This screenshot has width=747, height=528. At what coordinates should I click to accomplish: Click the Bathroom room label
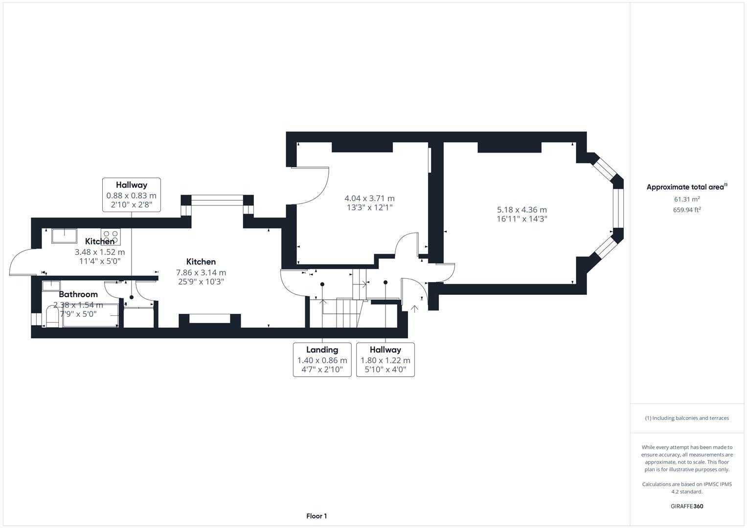point(78,294)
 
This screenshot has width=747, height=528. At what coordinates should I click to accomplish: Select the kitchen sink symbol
point(64,235)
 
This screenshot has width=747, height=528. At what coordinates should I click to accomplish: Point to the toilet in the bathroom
point(52,316)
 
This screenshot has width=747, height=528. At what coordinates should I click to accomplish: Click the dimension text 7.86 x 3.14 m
point(201,272)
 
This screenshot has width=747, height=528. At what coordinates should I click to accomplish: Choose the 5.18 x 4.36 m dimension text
point(522,210)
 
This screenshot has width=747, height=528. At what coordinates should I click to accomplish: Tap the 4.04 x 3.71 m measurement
point(369,198)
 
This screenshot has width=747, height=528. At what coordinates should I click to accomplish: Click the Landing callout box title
point(322,350)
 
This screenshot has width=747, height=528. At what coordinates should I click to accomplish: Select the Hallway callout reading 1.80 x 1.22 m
point(385,359)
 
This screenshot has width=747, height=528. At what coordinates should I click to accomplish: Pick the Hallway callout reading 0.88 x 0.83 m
point(132,195)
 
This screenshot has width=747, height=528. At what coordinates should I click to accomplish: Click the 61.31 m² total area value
point(687,199)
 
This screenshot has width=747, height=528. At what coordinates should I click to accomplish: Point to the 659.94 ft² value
point(687,210)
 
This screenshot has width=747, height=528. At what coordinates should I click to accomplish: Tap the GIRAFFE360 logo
point(687,506)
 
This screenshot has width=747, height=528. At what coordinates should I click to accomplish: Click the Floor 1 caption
point(317,516)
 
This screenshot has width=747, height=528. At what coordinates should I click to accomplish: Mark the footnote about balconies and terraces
point(687,418)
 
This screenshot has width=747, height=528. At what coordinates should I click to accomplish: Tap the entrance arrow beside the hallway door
point(415,308)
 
